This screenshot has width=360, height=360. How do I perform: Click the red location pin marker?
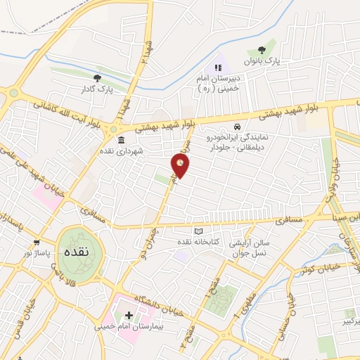point(181,166)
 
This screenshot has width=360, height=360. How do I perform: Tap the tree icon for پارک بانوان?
point(262,51)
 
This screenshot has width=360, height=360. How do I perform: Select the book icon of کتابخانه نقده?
point(199,233)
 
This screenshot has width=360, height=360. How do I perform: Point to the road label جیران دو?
point(160,227)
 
